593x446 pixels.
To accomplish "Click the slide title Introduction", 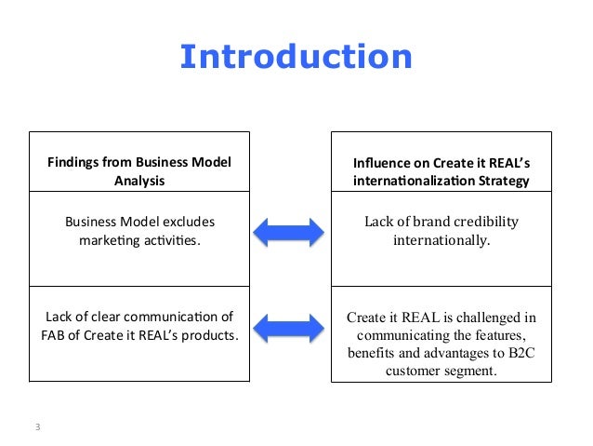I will [x=296, y=58].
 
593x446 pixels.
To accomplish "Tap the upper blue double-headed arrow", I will [x=289, y=231].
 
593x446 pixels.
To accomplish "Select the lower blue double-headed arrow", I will [x=289, y=327].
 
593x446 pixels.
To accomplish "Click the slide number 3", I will [x=37, y=427].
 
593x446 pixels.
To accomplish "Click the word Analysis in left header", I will [x=138, y=181].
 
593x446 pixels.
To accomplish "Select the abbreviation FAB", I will [x=57, y=334].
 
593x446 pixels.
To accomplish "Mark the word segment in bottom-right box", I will [x=470, y=371].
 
